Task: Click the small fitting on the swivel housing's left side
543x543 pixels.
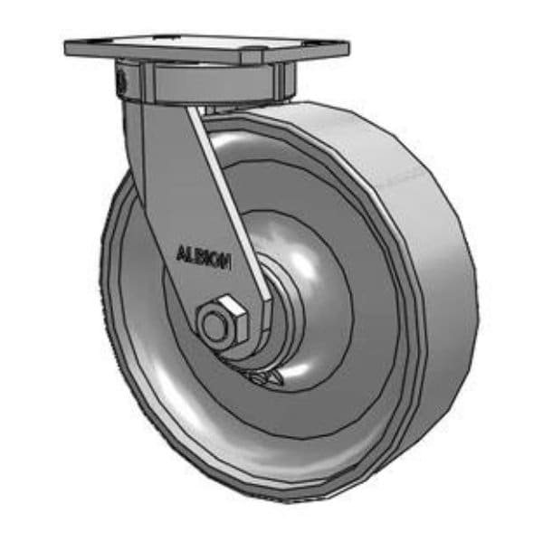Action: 120,81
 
